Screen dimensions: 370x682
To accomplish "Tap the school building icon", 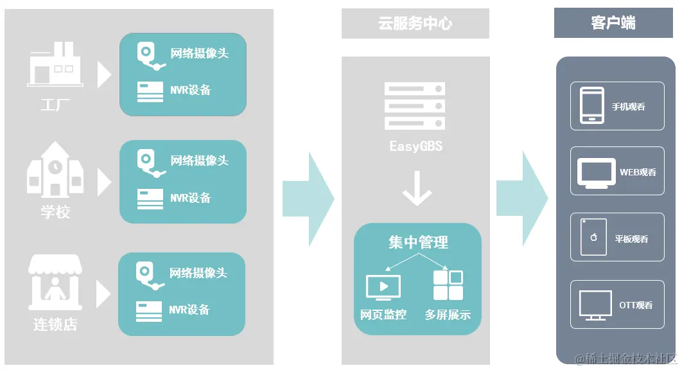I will (x=55, y=170).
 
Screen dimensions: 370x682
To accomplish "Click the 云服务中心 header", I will (x=415, y=24).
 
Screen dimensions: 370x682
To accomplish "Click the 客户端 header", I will (x=613, y=23).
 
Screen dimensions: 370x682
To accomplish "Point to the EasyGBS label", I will (x=415, y=146).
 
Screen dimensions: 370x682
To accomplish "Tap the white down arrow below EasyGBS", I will (x=417, y=189).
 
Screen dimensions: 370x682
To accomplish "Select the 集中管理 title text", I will (x=418, y=242).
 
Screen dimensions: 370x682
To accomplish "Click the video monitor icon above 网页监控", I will (x=383, y=287).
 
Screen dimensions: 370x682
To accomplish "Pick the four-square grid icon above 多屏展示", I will (x=448, y=285).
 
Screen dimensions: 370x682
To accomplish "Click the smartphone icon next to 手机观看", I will (x=592, y=105).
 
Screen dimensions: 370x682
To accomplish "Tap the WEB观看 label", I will (x=637, y=172).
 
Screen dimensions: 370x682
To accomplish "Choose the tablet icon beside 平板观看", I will (x=593, y=238).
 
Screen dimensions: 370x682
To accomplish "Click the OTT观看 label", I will (x=636, y=305).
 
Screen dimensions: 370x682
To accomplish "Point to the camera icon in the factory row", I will (x=149, y=55).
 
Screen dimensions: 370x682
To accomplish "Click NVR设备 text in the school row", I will (x=190, y=198).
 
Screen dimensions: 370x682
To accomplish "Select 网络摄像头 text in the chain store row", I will (x=198, y=273).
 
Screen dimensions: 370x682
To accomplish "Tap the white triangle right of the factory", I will (x=104, y=75).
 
